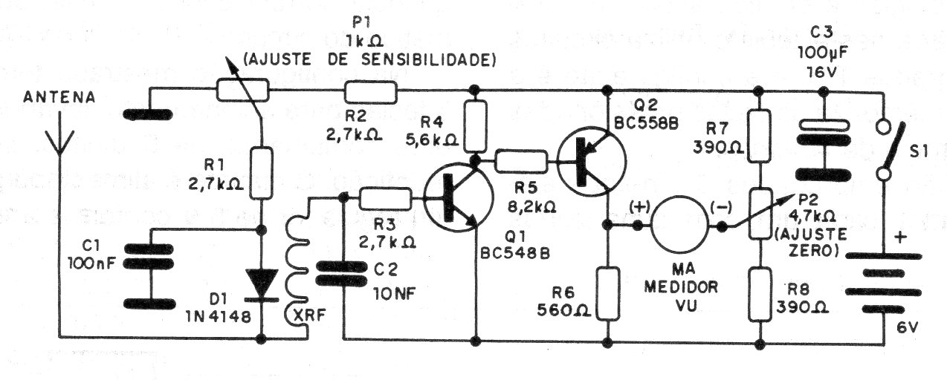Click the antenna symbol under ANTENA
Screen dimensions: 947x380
coord(59,140)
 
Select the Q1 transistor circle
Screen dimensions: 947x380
coord(459,197)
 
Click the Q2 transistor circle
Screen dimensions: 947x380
coord(592,161)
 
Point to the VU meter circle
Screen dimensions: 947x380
coord(679,225)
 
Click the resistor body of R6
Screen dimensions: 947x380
coord(607,294)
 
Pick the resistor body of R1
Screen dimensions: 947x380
coord(261,173)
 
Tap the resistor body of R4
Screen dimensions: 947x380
coord(476,126)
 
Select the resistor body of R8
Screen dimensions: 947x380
coord(760,295)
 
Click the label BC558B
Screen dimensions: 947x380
coord(646,123)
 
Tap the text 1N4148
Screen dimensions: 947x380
coord(219,316)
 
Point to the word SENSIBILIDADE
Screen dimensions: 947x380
coord(428,60)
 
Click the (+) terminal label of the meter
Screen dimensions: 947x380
coord(639,207)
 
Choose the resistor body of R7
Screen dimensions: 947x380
coord(759,136)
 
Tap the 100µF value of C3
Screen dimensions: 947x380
coord(823,53)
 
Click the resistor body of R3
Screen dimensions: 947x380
coord(385,198)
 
